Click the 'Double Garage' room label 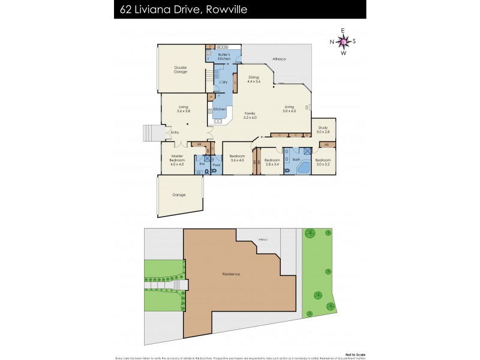coord(181,70)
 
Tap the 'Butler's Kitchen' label coord(224,57)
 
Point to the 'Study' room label coord(323,128)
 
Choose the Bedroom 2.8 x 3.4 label coord(273,161)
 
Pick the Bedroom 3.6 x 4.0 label coord(238,158)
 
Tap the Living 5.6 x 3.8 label coord(184,109)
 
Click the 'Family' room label coord(250,115)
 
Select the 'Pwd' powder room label coord(217,164)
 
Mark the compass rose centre coord(343,41)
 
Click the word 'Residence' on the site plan coord(231,274)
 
